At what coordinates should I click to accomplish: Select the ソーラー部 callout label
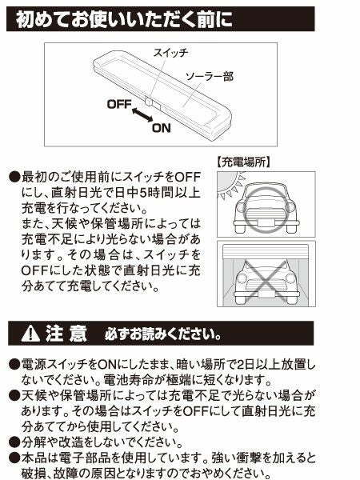tap(210, 77)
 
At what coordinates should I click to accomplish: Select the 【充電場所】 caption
tap(244, 161)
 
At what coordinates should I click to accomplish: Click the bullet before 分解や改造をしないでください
tap(14, 442)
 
